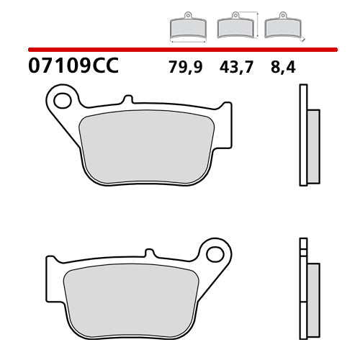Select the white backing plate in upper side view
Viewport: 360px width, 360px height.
[x=303, y=137]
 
